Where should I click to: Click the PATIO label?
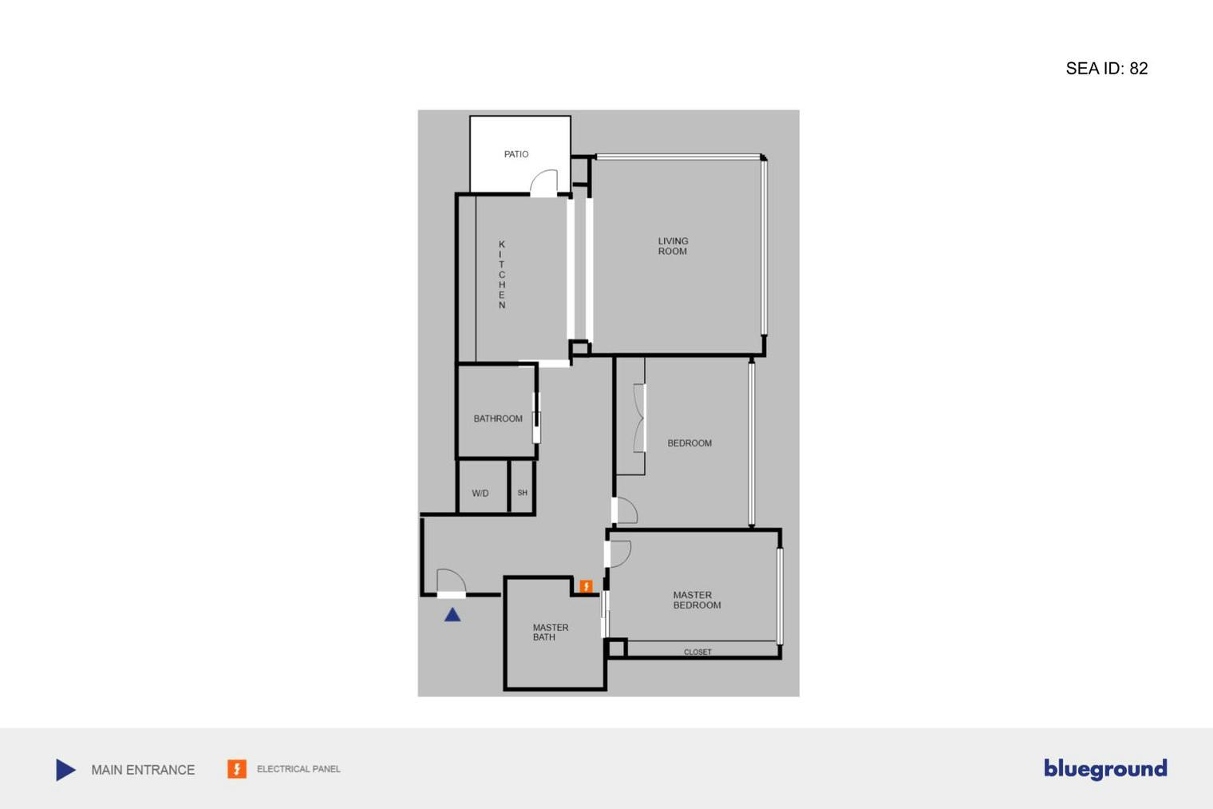pos(516,154)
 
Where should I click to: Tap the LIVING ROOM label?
pos(673,246)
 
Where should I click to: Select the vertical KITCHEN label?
pos(502,275)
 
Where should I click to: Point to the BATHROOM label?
pos(498,418)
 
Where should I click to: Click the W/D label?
pos(480,494)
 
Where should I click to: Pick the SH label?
pos(523,493)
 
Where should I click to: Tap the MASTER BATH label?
pos(550,633)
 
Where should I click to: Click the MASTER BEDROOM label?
pos(697,600)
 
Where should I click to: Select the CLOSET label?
pos(697,652)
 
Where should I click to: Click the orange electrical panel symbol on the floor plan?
pos(586,587)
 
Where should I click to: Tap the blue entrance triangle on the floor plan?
pos(452,615)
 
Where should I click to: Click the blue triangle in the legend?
pos(65,770)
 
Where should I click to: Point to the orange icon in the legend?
pos(237,769)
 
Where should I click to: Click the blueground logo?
pos(1105,768)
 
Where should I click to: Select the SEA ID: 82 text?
pos(1106,69)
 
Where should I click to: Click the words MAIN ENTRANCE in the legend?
pos(143,770)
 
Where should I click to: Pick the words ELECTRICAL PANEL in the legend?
pos(298,769)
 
